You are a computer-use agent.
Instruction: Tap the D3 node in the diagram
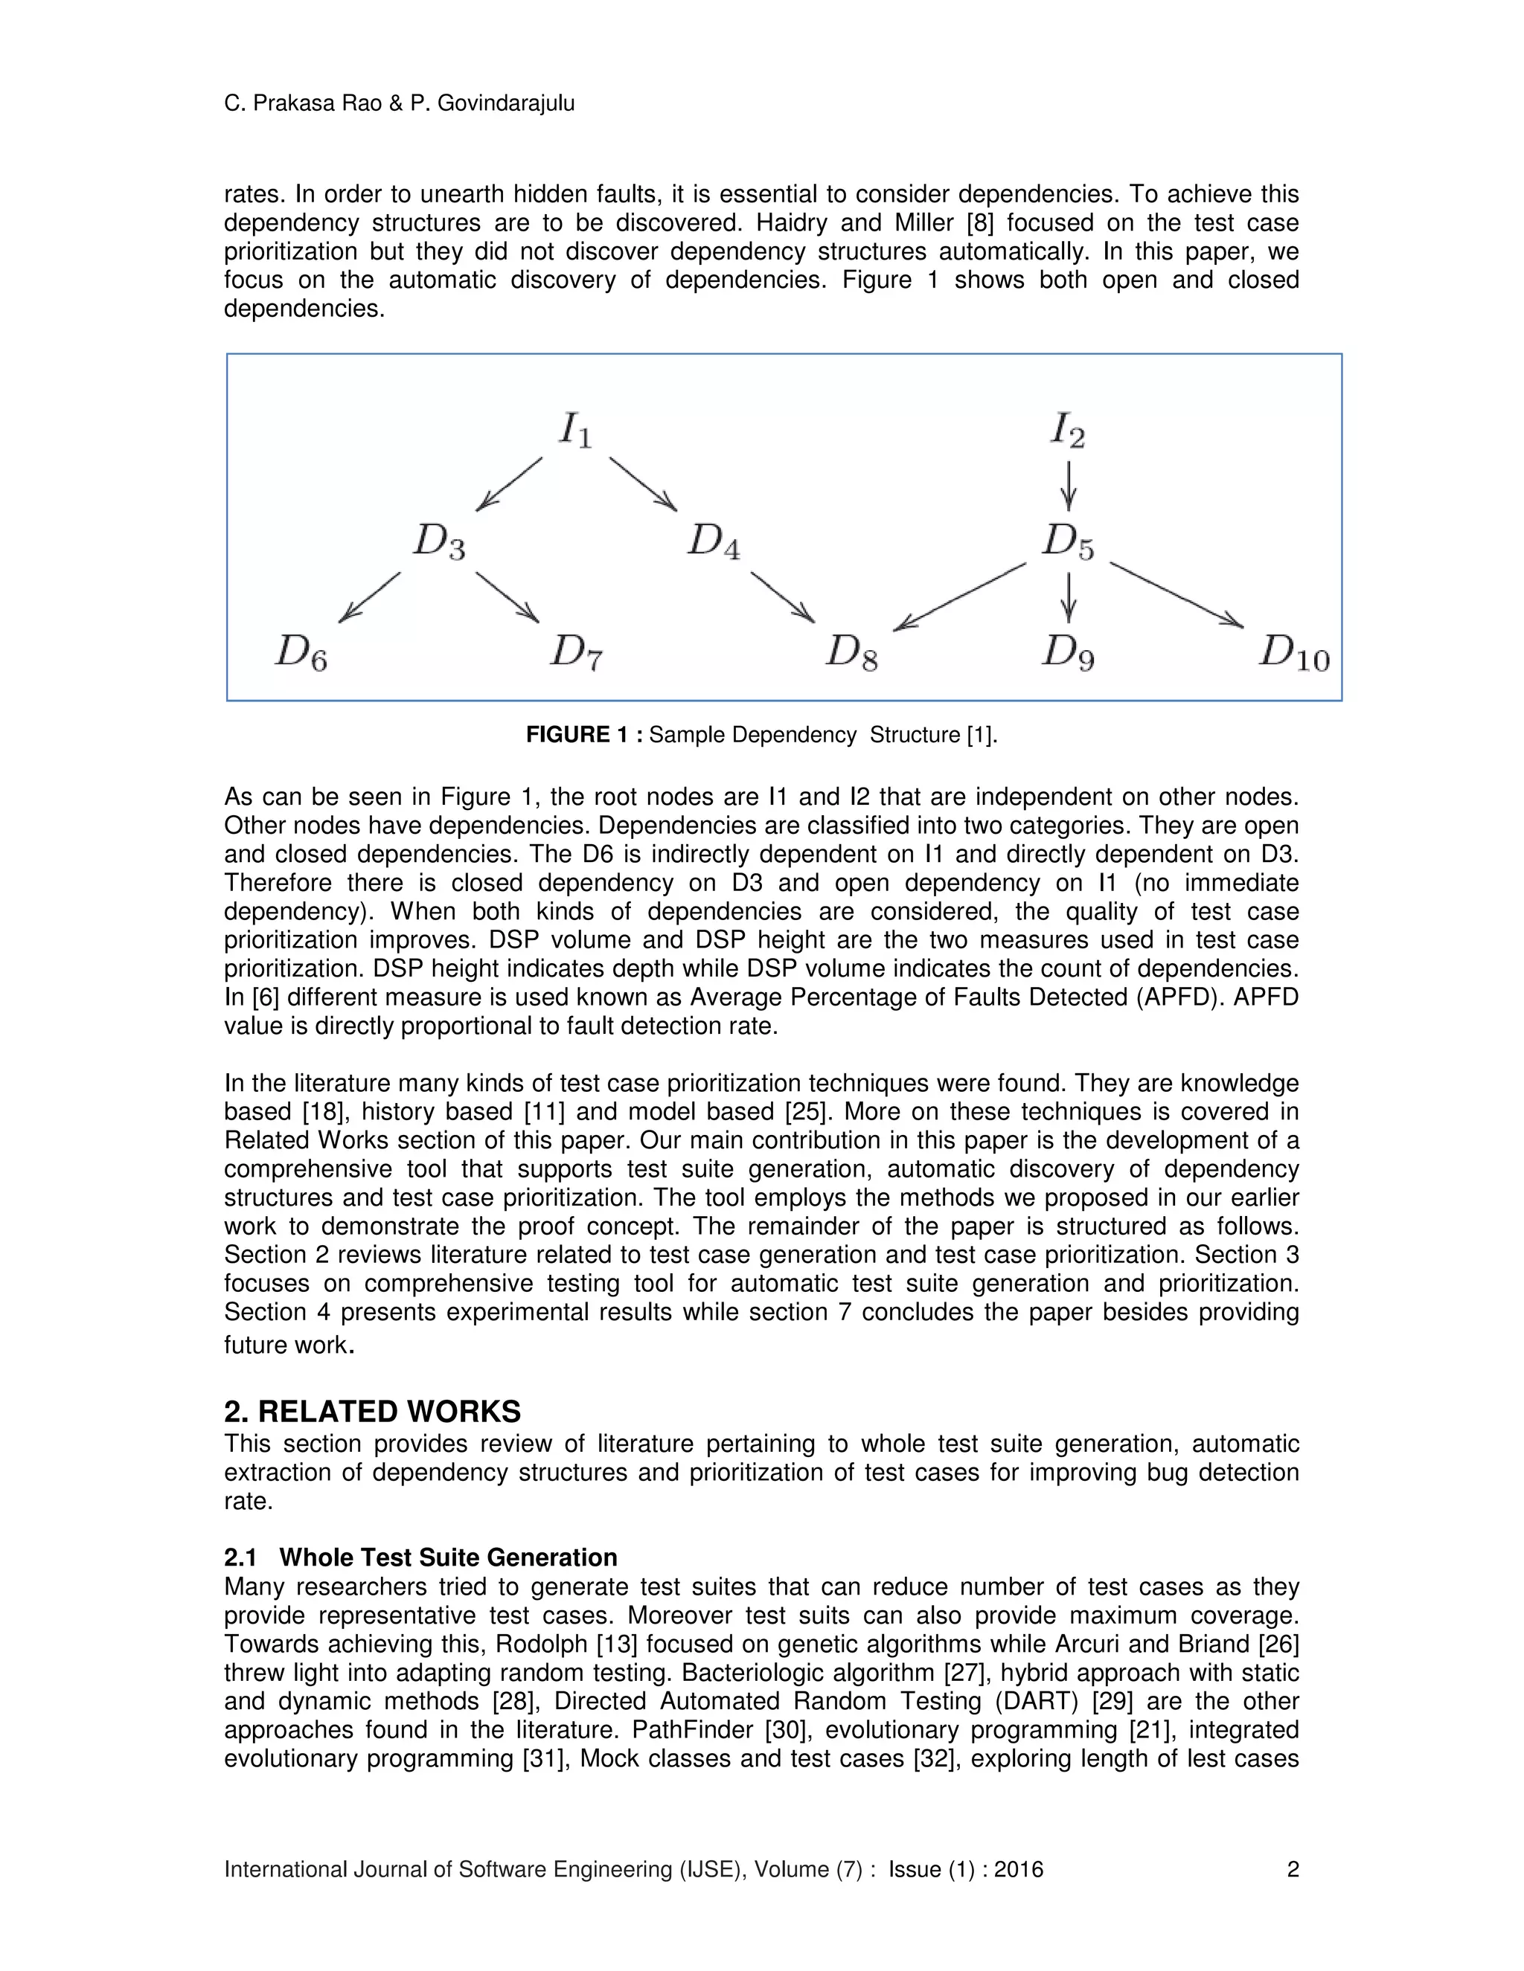(439, 541)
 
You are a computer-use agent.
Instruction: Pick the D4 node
(713, 541)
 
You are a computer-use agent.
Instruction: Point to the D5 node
(1068, 541)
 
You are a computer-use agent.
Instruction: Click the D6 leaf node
(301, 652)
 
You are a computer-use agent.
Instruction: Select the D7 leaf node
(576, 652)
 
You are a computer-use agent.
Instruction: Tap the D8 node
(851, 652)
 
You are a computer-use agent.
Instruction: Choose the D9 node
(1068, 652)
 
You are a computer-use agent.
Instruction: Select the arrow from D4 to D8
(782, 596)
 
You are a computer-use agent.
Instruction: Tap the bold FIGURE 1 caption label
(583, 735)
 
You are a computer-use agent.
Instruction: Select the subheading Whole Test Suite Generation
(448, 1557)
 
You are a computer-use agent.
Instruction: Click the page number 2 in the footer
(1292, 1869)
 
